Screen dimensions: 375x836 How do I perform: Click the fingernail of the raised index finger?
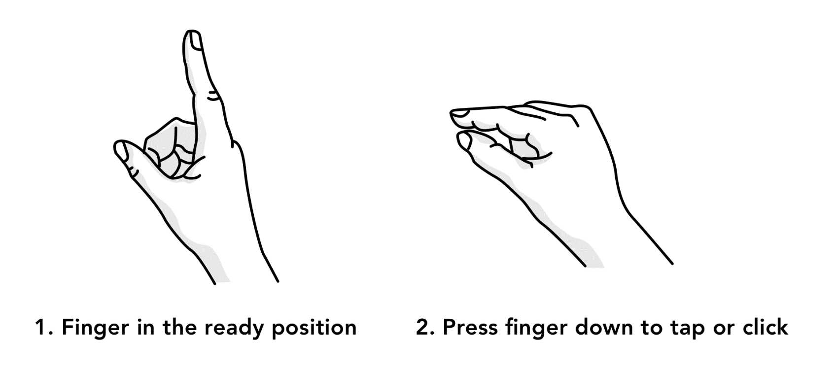194,40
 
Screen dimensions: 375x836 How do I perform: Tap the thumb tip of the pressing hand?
464,140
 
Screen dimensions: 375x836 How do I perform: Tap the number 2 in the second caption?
423,328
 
